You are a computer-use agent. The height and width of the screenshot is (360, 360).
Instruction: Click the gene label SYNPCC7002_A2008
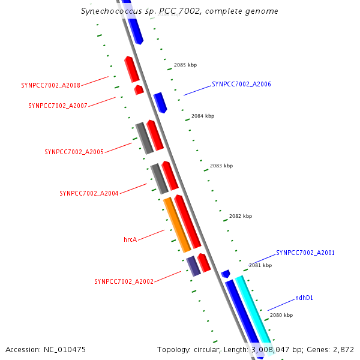[50, 85]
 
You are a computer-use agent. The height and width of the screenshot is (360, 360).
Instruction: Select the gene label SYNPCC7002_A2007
[58, 106]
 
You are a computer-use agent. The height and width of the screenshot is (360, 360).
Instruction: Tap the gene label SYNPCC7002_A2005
[74, 152]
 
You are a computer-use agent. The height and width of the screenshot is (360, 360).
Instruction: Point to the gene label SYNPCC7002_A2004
[89, 193]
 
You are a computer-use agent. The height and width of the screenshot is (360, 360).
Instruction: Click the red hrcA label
[130, 239]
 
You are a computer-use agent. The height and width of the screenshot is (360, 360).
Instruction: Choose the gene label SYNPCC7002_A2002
[124, 281]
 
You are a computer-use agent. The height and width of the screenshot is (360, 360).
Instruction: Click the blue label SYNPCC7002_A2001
[305, 253]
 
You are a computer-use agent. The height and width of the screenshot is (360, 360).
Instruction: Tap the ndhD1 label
[304, 298]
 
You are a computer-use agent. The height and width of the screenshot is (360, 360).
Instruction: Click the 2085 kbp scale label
[185, 65]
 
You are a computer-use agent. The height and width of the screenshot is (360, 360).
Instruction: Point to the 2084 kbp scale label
[203, 116]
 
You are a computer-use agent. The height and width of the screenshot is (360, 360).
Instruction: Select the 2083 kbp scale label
[221, 166]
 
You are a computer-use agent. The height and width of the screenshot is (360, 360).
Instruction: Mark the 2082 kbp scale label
[241, 216]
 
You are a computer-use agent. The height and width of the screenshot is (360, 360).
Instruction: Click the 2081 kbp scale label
[260, 265]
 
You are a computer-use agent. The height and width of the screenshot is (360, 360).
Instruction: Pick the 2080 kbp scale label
[281, 315]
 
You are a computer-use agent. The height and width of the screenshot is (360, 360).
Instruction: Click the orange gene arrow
[177, 224]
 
